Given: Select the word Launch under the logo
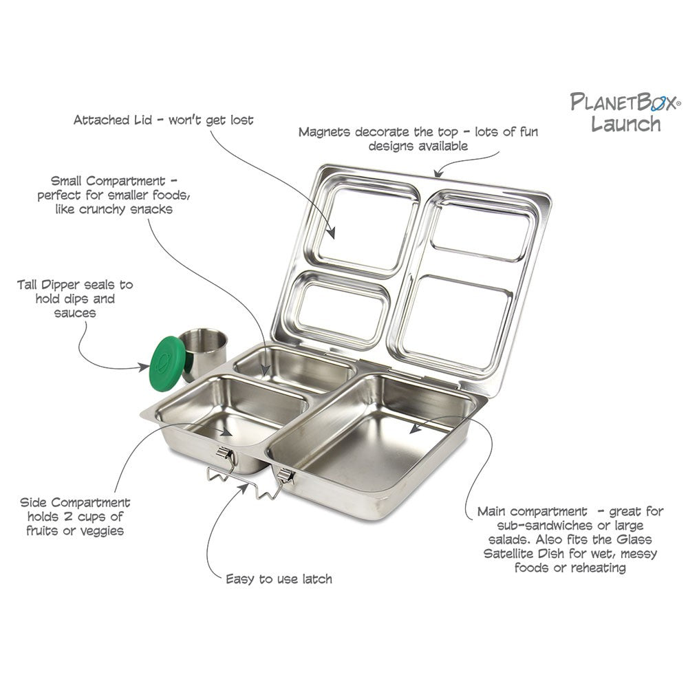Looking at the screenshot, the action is click(x=625, y=124).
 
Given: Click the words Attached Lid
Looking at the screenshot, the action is click(x=113, y=120).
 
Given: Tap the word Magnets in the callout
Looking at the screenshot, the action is click(x=324, y=132).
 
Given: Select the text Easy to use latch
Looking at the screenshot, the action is click(x=279, y=579).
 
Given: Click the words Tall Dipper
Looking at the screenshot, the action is click(x=49, y=286).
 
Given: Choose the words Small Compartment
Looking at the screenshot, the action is click(x=108, y=181).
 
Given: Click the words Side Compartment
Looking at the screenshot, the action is click(x=75, y=503).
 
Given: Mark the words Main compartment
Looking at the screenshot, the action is click(x=533, y=512).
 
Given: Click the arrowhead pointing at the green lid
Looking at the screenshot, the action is click(x=144, y=367).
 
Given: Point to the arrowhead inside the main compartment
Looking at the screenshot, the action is click(x=414, y=429).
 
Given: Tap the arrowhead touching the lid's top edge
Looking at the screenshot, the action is click(x=438, y=173).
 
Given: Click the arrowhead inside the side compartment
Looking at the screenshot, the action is click(x=227, y=432).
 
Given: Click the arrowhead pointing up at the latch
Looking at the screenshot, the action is click(x=243, y=488).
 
